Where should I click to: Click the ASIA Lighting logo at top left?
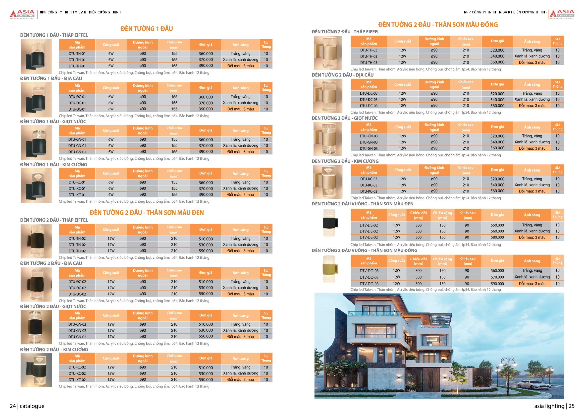click(x=22, y=14)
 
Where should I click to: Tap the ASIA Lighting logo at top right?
click(x=562, y=14)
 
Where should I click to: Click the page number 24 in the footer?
click(x=13, y=406)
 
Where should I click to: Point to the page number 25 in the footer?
click(x=571, y=406)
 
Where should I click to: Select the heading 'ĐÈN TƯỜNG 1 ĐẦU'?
click(x=147, y=29)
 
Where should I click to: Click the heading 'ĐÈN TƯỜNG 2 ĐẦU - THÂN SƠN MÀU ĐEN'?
click(x=147, y=213)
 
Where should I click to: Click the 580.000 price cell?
click(x=497, y=237)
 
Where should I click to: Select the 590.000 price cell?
click(x=497, y=284)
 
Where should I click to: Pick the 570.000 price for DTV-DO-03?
click(x=497, y=277)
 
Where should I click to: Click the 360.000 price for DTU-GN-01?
click(x=206, y=139)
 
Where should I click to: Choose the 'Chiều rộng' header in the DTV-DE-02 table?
click(x=442, y=215)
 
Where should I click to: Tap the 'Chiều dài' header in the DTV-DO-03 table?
click(x=419, y=261)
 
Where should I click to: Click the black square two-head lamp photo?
click(x=330, y=223)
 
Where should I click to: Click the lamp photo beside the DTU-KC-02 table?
click(x=36, y=370)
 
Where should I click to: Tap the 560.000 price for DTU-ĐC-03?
click(x=497, y=106)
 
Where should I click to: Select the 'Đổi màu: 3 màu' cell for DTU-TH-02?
click(x=240, y=251)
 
